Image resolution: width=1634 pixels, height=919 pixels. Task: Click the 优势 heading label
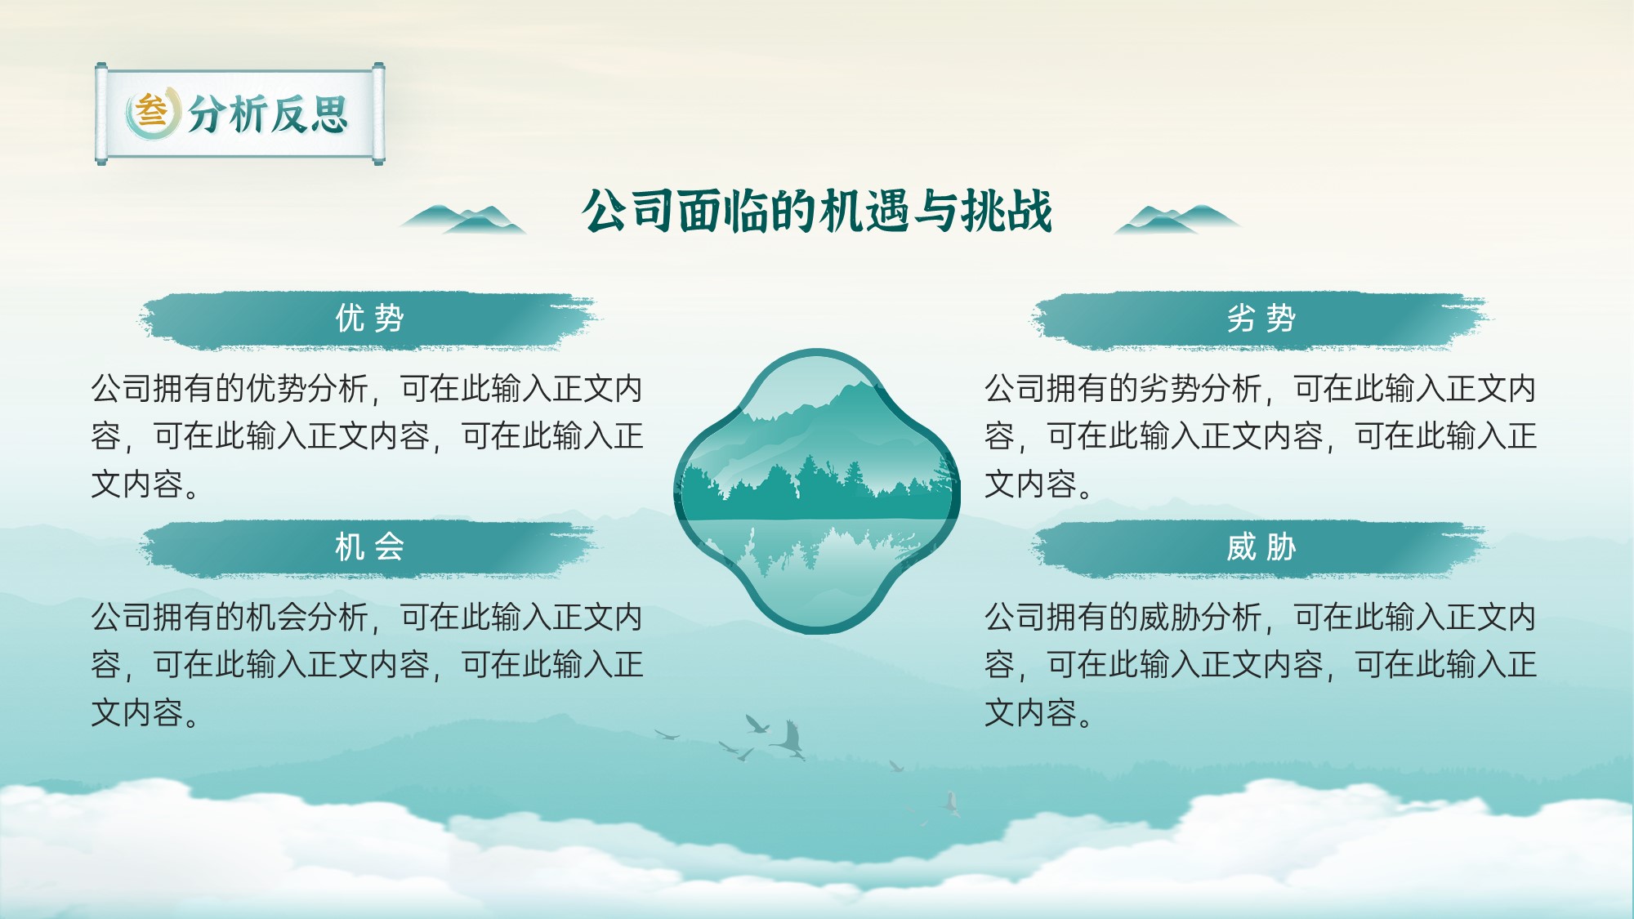point(369,319)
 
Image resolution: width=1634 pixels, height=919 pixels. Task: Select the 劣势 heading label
point(1261,319)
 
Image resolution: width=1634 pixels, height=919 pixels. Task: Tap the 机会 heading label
point(369,547)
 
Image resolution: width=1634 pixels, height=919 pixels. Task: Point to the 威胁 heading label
point(1261,547)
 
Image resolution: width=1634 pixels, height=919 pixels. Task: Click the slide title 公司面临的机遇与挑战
point(817,212)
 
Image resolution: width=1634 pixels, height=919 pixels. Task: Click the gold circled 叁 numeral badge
point(152,112)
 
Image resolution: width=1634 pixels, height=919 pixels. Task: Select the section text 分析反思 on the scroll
point(269,114)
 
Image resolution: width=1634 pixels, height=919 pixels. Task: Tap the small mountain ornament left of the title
point(462,219)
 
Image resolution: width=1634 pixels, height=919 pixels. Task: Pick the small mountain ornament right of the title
point(1177,219)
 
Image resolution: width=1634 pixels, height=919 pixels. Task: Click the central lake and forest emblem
point(817,491)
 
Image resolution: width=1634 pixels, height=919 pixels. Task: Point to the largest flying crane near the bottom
point(788,739)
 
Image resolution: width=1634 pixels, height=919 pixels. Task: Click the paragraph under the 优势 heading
point(367,436)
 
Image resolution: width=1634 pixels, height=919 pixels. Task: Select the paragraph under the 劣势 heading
point(1261,436)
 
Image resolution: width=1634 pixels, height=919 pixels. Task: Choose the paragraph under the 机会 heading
point(367,665)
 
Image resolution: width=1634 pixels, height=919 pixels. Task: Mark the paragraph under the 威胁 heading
point(1261,665)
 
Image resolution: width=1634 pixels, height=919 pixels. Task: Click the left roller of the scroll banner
point(101,114)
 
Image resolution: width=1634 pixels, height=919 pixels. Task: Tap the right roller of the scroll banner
point(378,114)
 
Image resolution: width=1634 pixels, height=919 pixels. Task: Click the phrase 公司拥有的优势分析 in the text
point(230,389)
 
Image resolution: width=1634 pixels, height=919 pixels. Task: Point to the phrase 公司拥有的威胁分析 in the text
point(1123,618)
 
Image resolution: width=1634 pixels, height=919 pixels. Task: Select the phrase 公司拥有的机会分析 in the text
point(230,618)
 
